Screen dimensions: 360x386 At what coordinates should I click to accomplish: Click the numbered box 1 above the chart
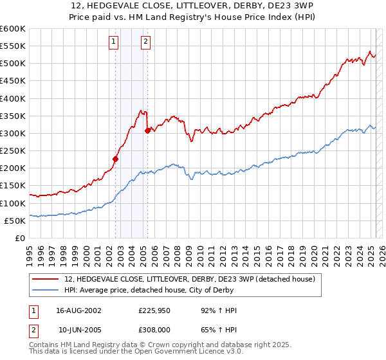tap(113, 42)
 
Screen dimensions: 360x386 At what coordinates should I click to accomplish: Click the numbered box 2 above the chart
tap(146, 42)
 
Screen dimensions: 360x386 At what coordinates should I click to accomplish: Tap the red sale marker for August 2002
tap(116, 159)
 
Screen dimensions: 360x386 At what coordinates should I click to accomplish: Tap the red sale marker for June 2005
tap(148, 130)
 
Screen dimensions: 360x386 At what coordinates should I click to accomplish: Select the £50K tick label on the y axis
tap(15, 221)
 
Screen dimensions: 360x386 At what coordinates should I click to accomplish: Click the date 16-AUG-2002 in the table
tap(78, 310)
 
